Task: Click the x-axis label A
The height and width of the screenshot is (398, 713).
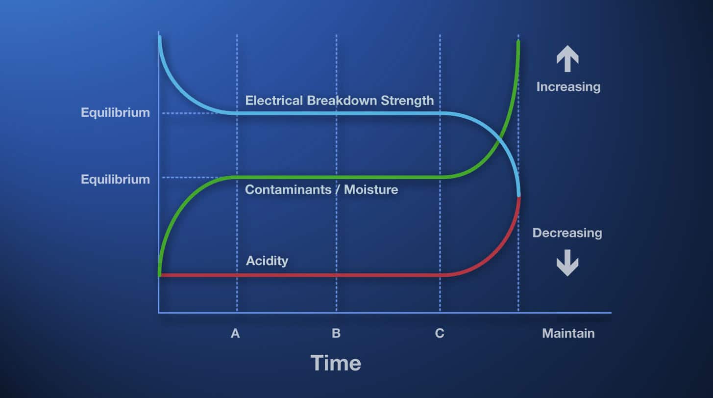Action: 235,333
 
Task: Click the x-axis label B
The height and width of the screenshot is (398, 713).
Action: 336,333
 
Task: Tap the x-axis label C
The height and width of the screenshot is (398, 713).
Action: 440,333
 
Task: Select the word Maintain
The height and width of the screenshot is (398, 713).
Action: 568,333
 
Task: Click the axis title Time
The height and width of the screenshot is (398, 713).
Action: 336,363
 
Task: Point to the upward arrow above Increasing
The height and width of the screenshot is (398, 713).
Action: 567,58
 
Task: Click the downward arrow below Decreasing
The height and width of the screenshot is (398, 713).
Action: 567,263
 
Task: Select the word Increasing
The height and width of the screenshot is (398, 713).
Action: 568,87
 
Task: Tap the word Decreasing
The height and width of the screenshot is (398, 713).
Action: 567,233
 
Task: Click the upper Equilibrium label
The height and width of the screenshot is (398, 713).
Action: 115,112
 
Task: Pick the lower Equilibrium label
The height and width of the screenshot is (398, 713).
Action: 115,180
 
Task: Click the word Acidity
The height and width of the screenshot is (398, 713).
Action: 267,261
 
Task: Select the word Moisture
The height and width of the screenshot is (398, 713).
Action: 371,189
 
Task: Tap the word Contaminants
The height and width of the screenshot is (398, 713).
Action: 288,189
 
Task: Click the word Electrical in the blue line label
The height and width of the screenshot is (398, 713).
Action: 274,101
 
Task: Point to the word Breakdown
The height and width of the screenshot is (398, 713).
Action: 342,101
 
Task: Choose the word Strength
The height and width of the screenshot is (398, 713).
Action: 407,101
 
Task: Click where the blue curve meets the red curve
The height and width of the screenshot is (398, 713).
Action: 518,196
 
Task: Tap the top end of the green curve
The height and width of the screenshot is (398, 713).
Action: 518,41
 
